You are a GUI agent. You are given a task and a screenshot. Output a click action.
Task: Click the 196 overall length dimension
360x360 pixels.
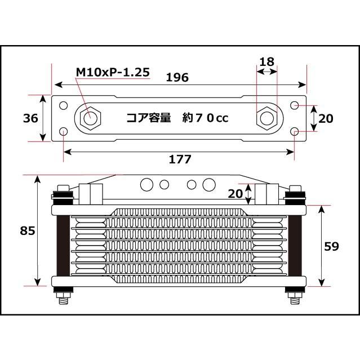coord(177,77)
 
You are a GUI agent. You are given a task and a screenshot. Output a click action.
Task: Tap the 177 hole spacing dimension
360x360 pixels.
coord(180,159)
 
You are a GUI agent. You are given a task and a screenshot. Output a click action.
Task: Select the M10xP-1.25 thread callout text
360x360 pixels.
coord(113,72)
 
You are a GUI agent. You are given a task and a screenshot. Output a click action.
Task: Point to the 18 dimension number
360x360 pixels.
coord(267,62)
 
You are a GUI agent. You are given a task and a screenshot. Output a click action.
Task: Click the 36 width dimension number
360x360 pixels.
coord(30,118)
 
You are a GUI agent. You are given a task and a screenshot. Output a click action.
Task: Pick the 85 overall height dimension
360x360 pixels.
coord(28,230)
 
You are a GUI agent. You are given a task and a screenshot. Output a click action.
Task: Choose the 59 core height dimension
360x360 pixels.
coord(331,246)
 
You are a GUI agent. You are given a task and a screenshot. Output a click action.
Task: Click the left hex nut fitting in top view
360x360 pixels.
coord(90,118)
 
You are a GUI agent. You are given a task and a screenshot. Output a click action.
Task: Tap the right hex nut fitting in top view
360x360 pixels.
coord(266,118)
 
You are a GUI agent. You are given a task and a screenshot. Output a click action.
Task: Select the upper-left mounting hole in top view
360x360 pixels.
coord(63,105)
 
